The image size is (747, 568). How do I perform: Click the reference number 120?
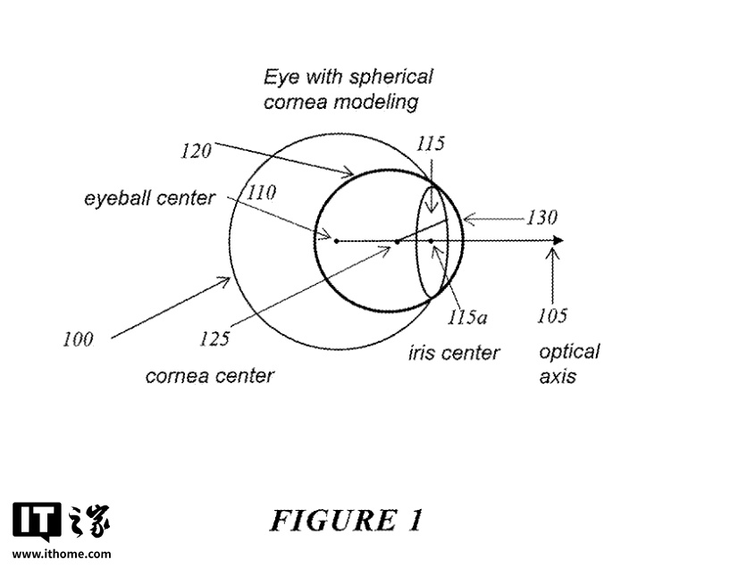coord(195,151)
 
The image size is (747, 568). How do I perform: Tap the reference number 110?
coord(262,192)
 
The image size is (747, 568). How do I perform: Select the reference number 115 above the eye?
coord(430,144)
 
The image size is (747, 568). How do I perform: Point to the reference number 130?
coord(541,218)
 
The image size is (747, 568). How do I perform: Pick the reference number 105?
coord(552,314)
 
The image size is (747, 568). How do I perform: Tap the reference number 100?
coord(78,338)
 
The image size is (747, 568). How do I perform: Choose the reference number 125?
coord(214,338)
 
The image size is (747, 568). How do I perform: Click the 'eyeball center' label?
coord(149,198)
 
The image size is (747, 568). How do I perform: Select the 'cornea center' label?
coord(209,376)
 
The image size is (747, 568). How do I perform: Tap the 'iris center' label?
coord(454,354)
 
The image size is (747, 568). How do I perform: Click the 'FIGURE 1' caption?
coord(346,521)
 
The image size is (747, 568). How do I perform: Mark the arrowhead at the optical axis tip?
coord(558,240)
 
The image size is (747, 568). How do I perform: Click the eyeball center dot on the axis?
coord(336,240)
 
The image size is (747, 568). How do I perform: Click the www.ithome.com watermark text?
coord(62,555)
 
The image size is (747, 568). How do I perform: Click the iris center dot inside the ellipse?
coord(431,241)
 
